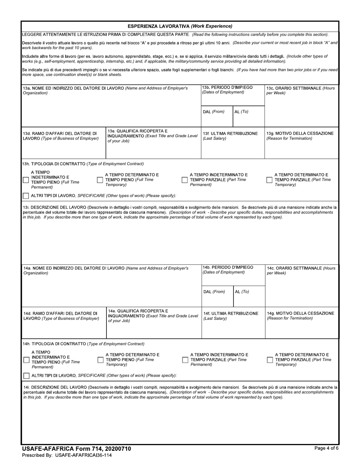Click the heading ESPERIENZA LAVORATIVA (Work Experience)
tap(180, 26)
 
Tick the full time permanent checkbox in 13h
tap(26, 180)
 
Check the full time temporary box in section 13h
tap(100, 180)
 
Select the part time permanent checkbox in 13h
tap(185, 180)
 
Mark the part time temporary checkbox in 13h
tap(269, 180)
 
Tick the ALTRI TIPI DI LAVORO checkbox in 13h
tap(26, 196)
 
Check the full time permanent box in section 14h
tap(27, 360)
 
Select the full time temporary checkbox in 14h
tap(101, 360)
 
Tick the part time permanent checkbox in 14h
tap(185, 360)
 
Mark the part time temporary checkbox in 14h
tap(270, 360)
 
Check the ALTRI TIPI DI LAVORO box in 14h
tap(27, 376)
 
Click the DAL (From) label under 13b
tap(214, 112)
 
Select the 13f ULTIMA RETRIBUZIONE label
tap(230, 136)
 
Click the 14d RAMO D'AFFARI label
tap(61, 316)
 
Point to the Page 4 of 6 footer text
tap(326, 448)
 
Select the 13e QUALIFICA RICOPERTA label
tap(152, 136)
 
